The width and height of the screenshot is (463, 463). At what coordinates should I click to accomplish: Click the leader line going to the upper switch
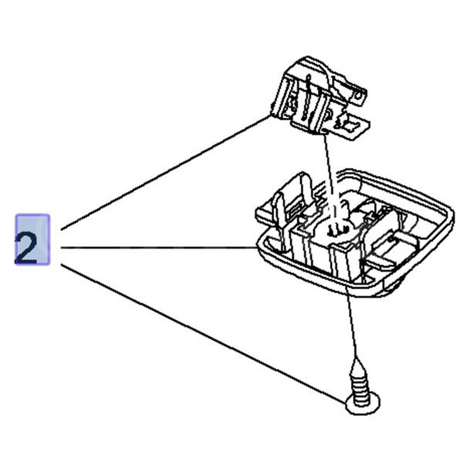[166, 174]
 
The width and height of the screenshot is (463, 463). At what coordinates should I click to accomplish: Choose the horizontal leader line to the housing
[159, 248]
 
